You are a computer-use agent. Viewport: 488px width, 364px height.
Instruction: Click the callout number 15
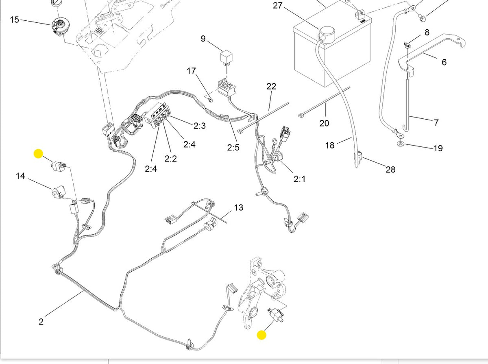click(x=14, y=20)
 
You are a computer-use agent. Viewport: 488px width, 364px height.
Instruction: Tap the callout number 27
click(x=277, y=6)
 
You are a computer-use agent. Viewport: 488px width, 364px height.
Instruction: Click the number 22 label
click(x=271, y=86)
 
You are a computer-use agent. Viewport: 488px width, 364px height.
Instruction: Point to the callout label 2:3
click(x=199, y=126)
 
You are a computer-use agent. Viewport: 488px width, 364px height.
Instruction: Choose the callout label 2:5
click(x=233, y=148)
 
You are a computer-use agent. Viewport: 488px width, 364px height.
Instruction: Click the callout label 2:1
click(x=299, y=179)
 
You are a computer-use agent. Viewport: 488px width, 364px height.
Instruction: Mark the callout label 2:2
click(x=170, y=158)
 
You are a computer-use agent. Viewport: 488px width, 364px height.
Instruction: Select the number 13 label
click(x=239, y=207)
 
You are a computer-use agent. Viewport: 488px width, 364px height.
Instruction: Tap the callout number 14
click(x=20, y=176)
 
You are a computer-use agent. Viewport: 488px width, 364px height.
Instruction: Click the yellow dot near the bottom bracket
click(x=261, y=335)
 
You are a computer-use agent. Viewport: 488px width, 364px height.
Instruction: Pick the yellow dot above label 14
click(x=38, y=154)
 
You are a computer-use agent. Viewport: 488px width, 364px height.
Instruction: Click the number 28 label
click(x=390, y=169)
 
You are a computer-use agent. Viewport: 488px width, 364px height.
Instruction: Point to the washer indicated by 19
click(x=401, y=143)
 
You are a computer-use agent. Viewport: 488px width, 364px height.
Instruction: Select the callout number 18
click(x=330, y=145)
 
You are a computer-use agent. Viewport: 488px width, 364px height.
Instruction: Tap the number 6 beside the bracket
click(x=444, y=62)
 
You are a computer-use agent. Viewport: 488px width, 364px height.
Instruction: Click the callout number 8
click(x=427, y=32)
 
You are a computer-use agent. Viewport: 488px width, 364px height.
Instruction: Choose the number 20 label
click(x=324, y=123)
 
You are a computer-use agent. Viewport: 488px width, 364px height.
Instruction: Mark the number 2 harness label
click(x=41, y=321)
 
